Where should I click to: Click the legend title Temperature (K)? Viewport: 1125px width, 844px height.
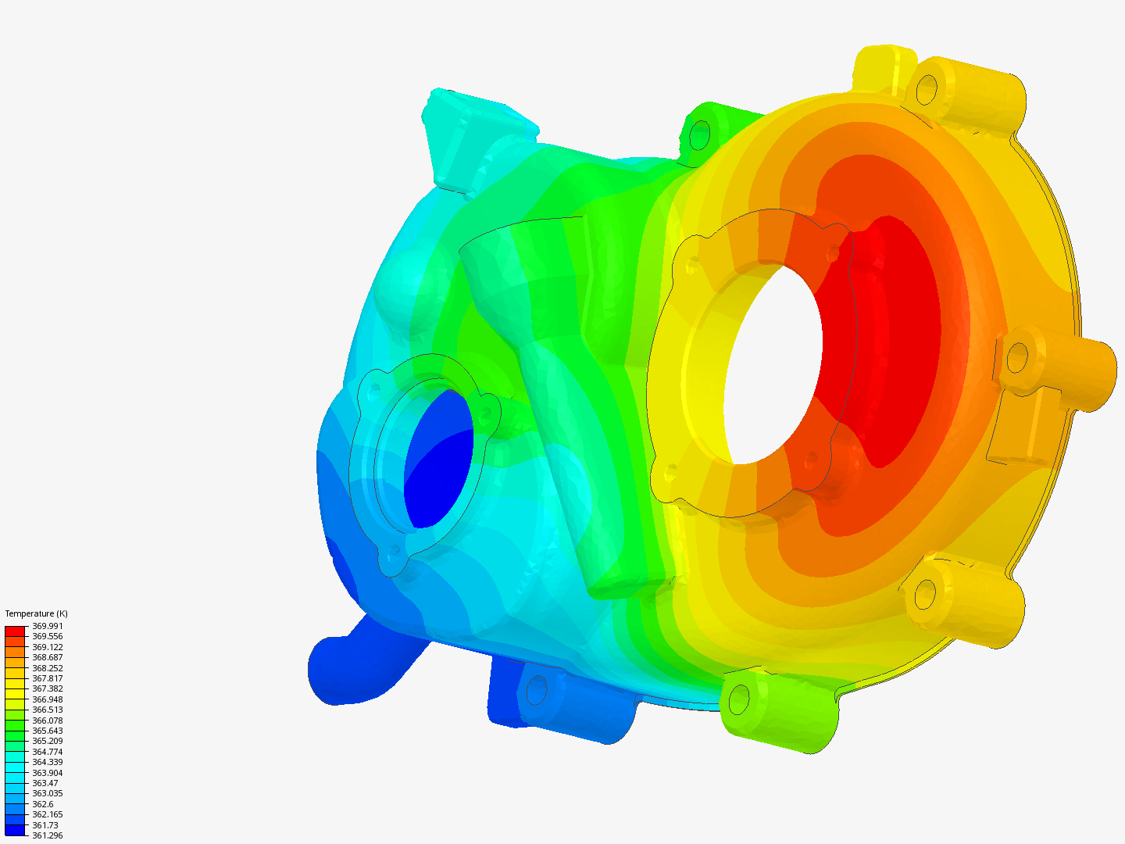[x=36, y=613]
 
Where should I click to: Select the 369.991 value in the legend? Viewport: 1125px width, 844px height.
[x=47, y=626]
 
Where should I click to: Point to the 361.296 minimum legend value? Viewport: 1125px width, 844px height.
[x=47, y=835]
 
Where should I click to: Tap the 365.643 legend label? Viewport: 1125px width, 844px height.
[x=47, y=731]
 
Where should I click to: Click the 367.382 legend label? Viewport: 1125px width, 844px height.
[x=47, y=688]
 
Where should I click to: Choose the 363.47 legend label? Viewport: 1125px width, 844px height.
[x=45, y=783]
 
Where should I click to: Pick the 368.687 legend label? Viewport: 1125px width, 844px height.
[x=47, y=657]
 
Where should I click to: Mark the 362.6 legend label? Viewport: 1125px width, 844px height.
[x=42, y=804]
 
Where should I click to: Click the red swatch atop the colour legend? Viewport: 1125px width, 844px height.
[x=15, y=631]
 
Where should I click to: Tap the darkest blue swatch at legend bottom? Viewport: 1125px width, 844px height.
[x=15, y=830]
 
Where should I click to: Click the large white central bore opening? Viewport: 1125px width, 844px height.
[x=773, y=363]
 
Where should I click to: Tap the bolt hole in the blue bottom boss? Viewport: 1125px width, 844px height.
[x=537, y=691]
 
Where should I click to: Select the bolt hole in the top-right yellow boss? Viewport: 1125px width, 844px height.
[x=926, y=89]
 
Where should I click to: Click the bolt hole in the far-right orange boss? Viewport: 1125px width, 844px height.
[x=1016, y=359]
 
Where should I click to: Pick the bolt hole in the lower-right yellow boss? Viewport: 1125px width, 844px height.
[x=924, y=595]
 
